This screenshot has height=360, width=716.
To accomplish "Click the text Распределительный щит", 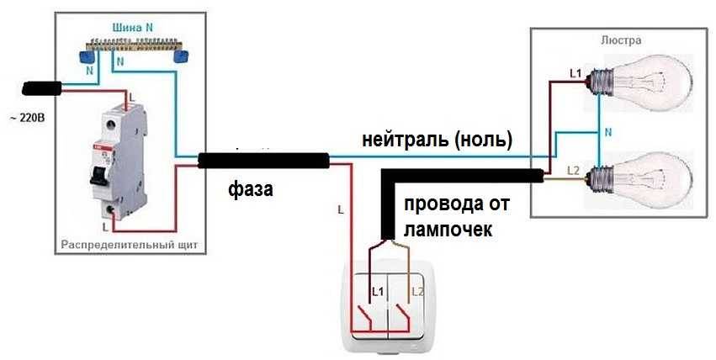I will coord(130,246).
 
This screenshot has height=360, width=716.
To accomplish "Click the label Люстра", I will coord(622,40).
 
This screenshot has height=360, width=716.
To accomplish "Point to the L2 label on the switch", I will coord(418,291).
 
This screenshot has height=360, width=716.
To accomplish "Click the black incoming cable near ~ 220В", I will coord(42,87).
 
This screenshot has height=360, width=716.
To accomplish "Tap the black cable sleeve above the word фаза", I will coord(263,160).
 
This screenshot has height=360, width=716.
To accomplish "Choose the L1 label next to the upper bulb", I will coord(575,74).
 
